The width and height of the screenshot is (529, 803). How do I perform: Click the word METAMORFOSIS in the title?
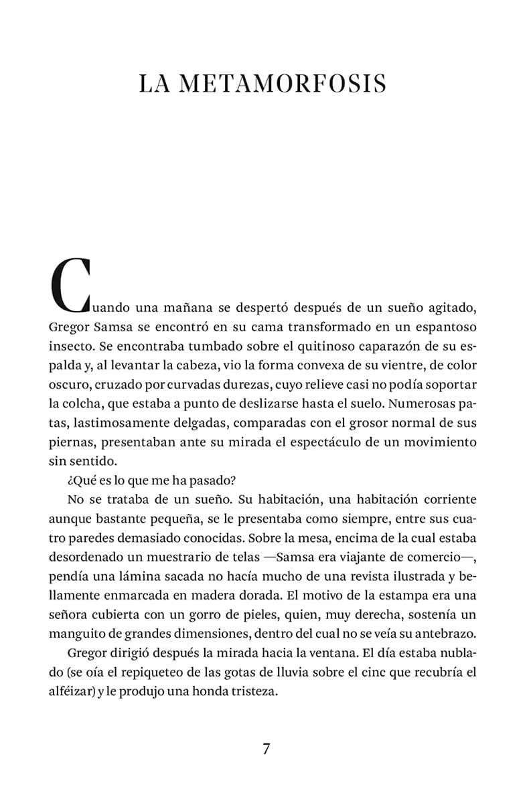pos(284,84)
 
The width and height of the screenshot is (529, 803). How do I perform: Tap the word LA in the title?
pos(154,84)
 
